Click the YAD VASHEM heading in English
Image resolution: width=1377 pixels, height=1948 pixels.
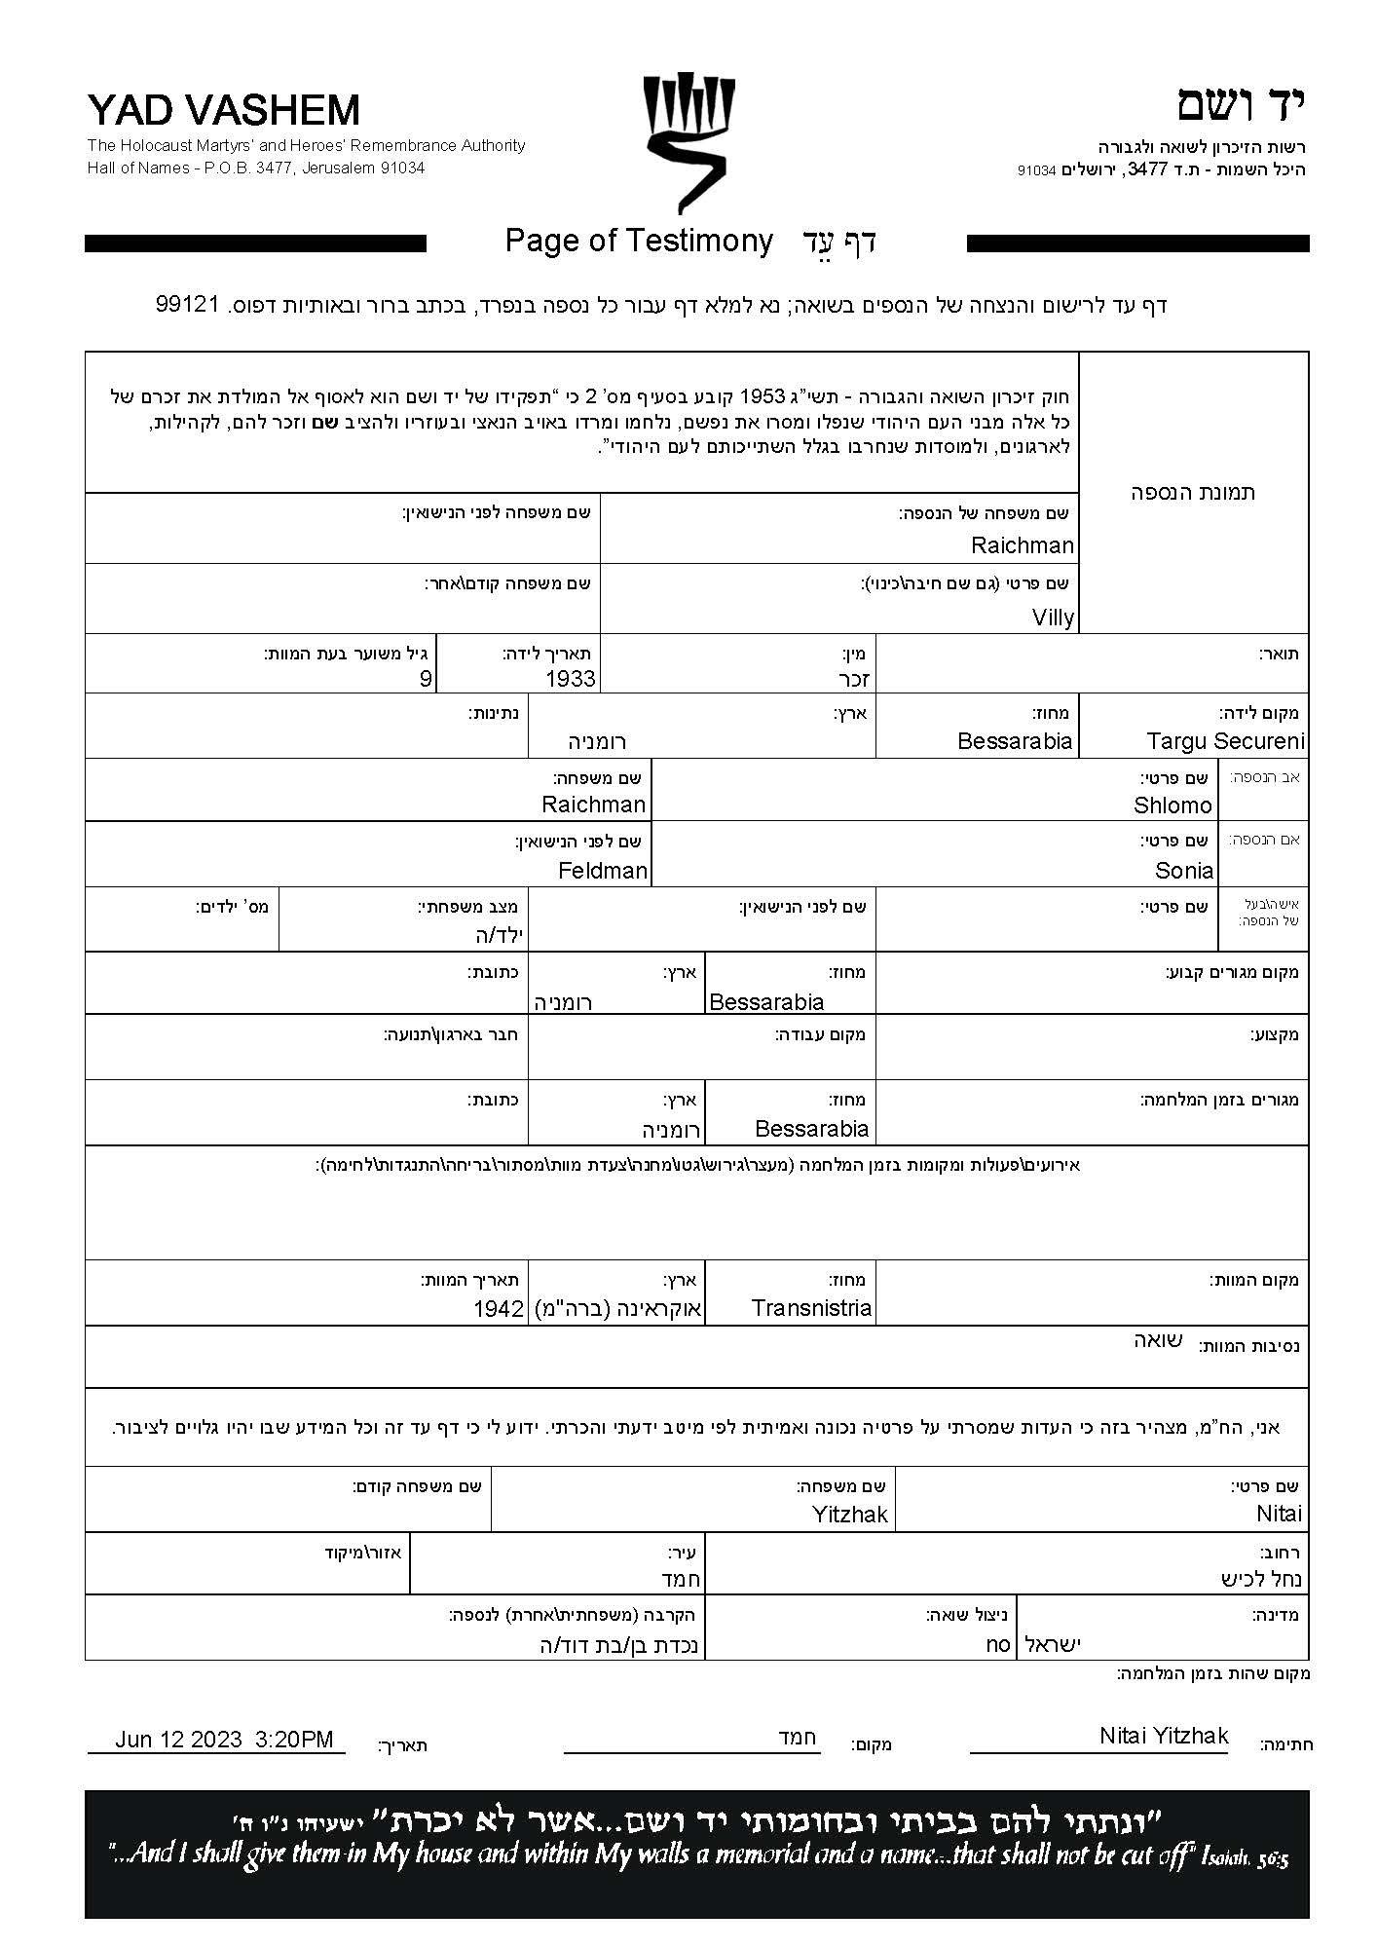223,110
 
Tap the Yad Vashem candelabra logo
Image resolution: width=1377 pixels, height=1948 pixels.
688,142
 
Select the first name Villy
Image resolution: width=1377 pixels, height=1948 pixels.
1053,618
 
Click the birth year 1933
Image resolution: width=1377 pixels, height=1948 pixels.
571,679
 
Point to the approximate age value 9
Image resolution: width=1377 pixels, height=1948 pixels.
426,679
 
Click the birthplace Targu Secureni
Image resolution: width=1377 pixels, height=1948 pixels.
1225,741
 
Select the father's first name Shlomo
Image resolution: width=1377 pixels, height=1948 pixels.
1172,805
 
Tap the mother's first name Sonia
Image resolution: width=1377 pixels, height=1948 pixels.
1184,870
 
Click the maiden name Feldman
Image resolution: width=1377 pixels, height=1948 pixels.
603,870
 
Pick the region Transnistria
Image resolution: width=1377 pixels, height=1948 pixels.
811,1308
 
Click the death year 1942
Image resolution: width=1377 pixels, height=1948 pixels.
499,1309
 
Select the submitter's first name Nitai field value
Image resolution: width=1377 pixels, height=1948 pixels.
1279,1514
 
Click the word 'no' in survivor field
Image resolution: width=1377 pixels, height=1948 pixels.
998,1645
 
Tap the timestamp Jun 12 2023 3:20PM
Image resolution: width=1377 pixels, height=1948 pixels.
224,1740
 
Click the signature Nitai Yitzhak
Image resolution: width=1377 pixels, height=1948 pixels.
1164,1736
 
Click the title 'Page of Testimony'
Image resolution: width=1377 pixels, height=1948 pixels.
639,241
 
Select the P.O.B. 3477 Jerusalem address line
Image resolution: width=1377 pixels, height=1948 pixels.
256,168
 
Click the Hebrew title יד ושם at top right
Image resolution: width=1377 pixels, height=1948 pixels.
1241,104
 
